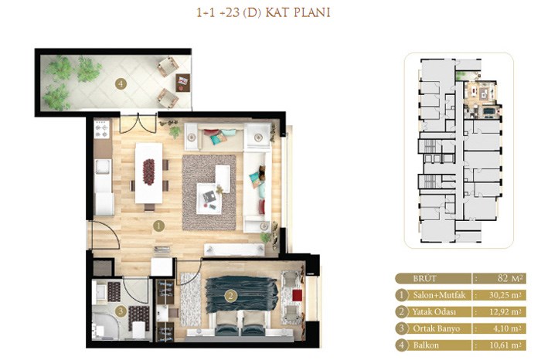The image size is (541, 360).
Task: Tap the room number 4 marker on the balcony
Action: point(121,83)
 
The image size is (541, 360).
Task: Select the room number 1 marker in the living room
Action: point(158,226)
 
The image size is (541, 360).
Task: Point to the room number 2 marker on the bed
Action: point(231,295)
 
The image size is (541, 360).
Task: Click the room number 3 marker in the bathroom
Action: point(121,312)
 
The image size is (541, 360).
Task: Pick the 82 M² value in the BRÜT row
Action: point(510,278)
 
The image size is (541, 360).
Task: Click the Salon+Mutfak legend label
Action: point(439,295)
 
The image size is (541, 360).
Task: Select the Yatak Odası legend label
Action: point(434,312)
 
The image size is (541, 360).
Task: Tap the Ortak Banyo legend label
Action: point(436,328)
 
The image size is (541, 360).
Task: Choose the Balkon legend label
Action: point(426,345)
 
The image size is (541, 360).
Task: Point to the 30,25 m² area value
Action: point(505,295)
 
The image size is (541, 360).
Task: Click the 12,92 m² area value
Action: point(505,312)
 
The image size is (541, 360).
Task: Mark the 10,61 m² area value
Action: point(505,345)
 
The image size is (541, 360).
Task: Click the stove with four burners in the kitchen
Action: point(102,129)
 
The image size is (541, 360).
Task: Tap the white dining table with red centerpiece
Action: point(148,173)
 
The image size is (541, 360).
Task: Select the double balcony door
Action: point(138,123)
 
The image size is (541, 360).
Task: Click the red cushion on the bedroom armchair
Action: point(297,296)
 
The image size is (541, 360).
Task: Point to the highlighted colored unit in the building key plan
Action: point(481,100)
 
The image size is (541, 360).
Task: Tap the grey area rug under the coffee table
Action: point(209,192)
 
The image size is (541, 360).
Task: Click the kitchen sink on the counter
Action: point(103,167)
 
